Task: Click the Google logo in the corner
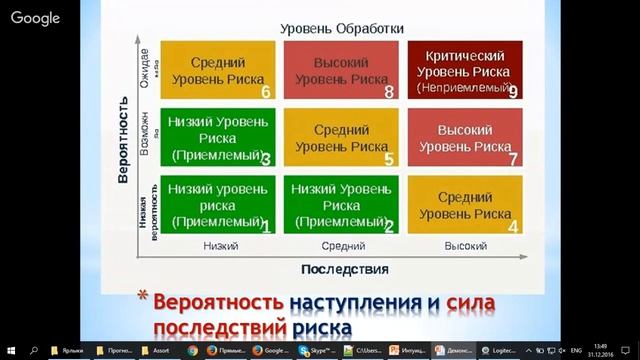[x=35, y=17]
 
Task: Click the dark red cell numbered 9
[x=463, y=72]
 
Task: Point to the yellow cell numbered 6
[x=217, y=72]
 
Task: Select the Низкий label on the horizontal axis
[x=219, y=245]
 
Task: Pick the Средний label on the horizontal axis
[x=342, y=245]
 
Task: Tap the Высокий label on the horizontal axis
[x=464, y=245]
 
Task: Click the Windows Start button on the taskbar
[x=10, y=351]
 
